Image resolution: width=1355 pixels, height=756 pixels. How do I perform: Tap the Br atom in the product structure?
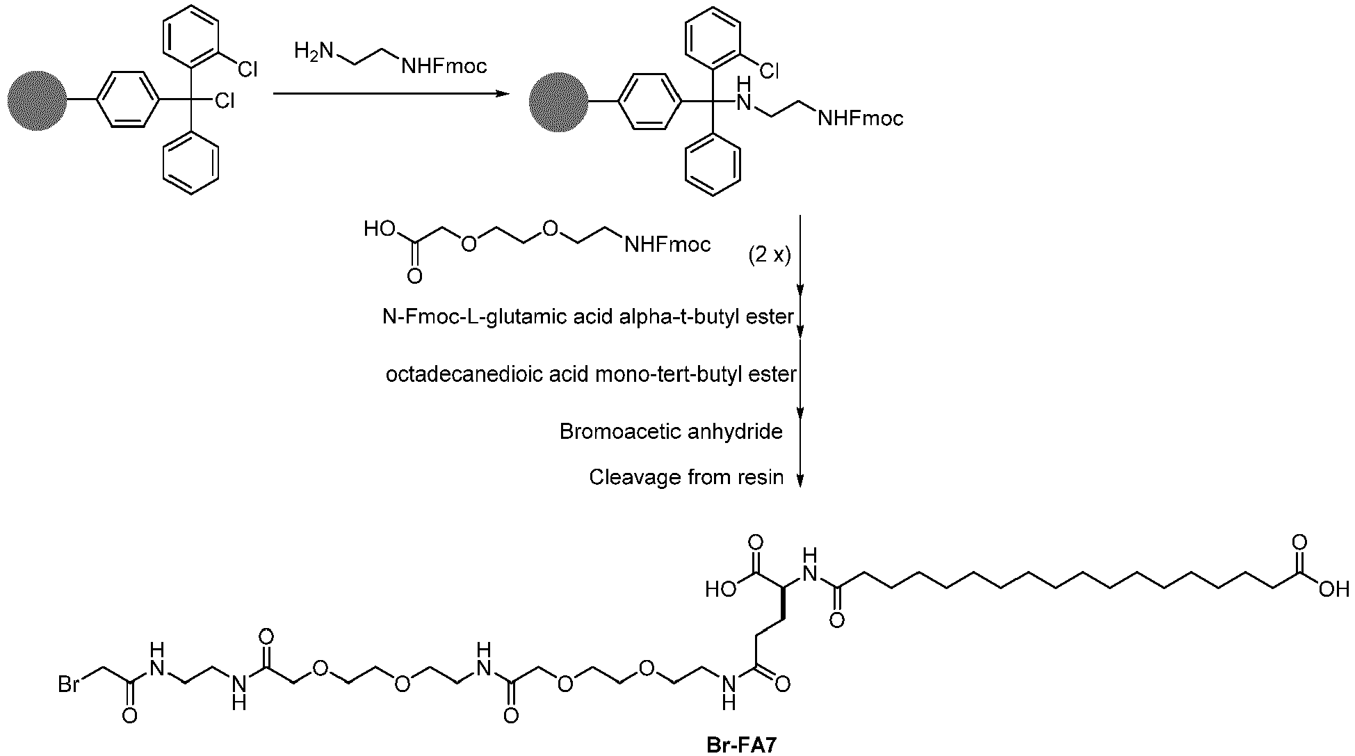[x=69, y=685]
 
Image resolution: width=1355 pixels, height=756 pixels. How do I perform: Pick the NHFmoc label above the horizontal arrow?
[x=444, y=66]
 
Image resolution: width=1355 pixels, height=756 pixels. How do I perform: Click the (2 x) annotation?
[x=770, y=256]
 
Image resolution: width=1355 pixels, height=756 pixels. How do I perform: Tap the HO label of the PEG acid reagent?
[x=379, y=230]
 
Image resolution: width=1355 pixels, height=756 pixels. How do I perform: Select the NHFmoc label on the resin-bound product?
[x=861, y=119]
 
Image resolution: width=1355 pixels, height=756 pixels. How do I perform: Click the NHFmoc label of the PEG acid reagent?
[x=668, y=245]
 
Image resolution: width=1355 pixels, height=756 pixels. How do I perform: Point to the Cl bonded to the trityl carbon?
[x=224, y=101]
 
